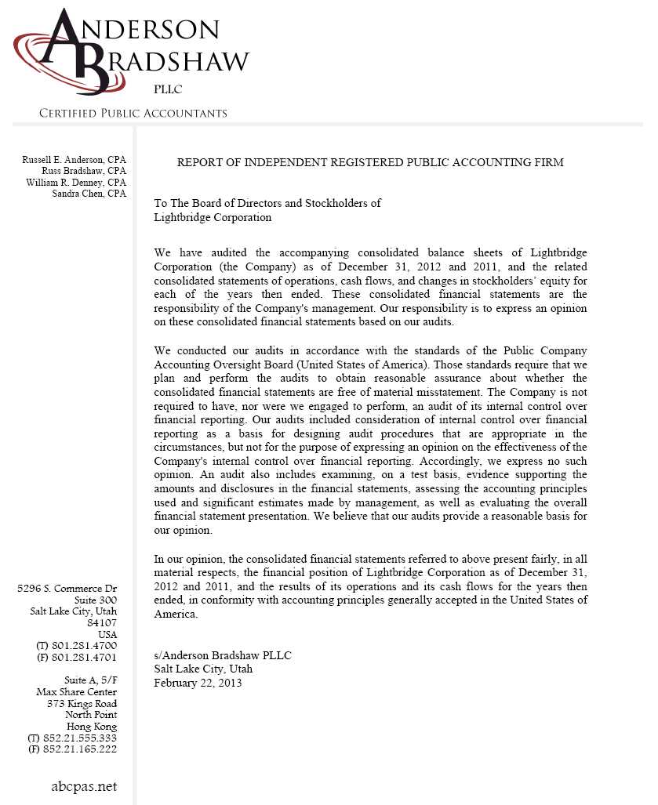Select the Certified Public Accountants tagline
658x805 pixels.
pos(133,114)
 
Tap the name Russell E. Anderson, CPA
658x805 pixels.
pos(75,160)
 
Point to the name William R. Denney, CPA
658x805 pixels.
pos(76,182)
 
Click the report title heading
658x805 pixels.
pos(370,162)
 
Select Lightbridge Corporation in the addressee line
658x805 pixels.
pos(213,217)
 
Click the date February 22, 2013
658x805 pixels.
pos(198,683)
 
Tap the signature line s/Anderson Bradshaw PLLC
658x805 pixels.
pos(223,655)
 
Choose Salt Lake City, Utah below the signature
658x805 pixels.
pos(203,669)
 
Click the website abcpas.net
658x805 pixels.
pos(84,786)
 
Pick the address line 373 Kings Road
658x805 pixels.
pos(82,703)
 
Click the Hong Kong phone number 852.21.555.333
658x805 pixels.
pos(83,738)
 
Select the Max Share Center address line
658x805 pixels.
pos(77,692)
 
